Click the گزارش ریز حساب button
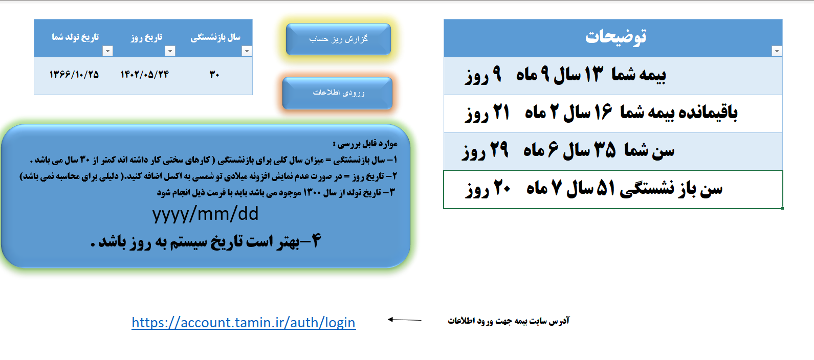click(338, 39)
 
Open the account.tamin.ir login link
click(244, 323)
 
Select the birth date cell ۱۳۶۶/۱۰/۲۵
click(74, 75)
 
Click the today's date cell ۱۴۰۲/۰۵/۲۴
click(145, 75)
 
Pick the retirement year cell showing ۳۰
click(214, 75)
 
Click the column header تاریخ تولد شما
click(75, 37)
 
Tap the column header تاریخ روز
click(146, 37)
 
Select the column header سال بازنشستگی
click(215, 37)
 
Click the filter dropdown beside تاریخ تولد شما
click(107, 51)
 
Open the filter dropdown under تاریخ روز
click(170, 51)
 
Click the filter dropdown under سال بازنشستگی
click(247, 51)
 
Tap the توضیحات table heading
click(615, 36)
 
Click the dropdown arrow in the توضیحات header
click(777, 51)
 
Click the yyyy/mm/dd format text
click(205, 214)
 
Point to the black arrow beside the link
click(404, 320)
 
